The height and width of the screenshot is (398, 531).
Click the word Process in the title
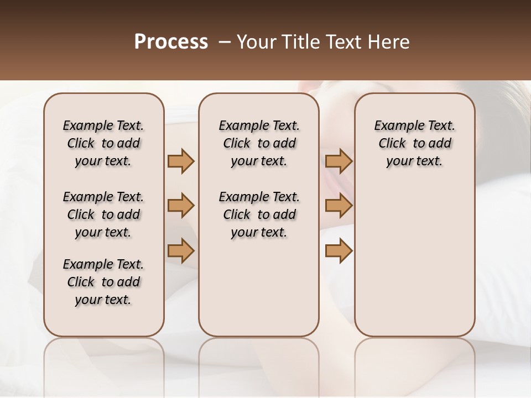171,42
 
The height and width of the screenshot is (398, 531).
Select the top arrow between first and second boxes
181,161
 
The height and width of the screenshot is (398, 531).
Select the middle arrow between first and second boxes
181,206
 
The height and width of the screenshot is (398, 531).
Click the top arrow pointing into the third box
339,161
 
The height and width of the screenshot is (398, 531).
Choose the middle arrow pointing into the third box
339,206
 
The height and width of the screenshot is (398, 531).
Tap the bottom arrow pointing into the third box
339,251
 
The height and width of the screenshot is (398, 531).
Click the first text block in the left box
103,143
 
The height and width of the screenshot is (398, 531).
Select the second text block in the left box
103,214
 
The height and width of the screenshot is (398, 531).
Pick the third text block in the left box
103,282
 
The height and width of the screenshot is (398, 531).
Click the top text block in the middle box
259,143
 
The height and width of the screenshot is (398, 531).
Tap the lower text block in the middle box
259,214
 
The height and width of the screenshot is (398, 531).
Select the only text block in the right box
414,143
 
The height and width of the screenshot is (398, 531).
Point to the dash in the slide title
225,42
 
